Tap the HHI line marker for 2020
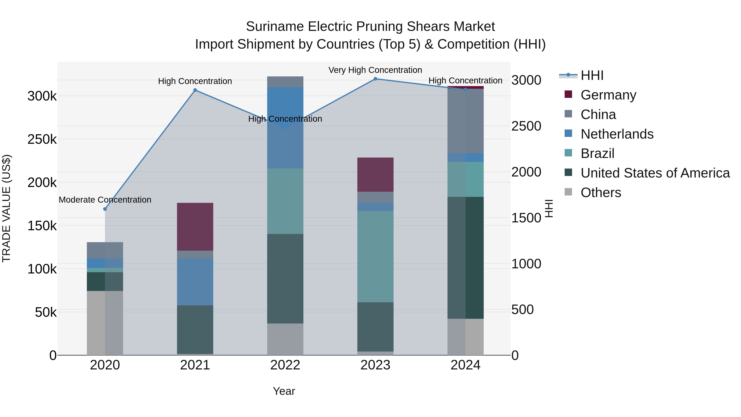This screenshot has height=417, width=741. [x=105, y=209]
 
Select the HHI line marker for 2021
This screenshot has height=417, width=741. [x=195, y=90]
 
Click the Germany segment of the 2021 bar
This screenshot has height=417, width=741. [x=195, y=227]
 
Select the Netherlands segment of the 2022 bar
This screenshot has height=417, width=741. [x=285, y=128]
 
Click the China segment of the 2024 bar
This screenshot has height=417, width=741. [x=465, y=121]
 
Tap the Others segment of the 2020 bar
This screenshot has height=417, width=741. [x=105, y=323]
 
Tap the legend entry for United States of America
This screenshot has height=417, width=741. [x=655, y=173]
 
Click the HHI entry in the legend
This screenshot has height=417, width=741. [x=592, y=75]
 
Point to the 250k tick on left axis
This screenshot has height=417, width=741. [x=42, y=140]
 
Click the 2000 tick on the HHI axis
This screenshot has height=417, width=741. [x=526, y=172]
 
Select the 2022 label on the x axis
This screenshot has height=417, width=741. [x=285, y=365]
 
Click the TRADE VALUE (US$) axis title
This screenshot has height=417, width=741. [x=7, y=208]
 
